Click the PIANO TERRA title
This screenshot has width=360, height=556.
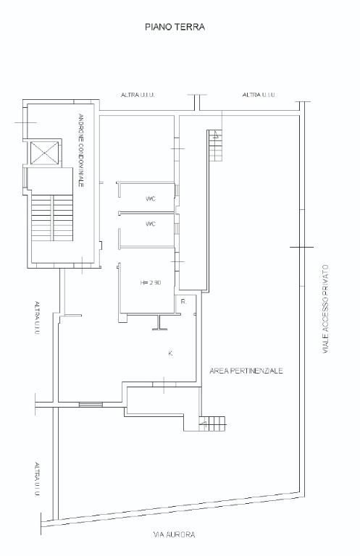(175, 27)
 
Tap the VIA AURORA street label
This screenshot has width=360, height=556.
(174, 534)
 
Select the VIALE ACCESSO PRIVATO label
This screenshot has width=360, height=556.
(325, 309)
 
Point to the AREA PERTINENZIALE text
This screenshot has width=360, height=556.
(246, 371)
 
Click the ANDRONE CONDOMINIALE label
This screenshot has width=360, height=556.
(81, 151)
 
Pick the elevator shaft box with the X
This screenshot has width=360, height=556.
(44, 153)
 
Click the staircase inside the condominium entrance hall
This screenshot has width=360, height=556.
(52, 217)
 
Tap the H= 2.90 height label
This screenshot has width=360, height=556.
(151, 282)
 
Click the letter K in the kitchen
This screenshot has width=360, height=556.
(171, 353)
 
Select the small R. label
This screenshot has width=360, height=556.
(183, 302)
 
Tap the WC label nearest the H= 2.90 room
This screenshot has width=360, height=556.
(151, 224)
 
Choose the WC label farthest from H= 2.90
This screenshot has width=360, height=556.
(151, 199)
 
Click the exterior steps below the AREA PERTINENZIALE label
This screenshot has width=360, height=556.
(212, 424)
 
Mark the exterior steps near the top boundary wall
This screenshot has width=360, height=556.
(215, 146)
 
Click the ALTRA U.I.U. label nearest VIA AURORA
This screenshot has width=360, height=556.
(37, 479)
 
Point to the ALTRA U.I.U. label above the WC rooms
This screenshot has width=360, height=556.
(138, 95)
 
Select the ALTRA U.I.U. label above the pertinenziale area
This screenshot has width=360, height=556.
(259, 95)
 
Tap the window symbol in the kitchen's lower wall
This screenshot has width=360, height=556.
(91, 404)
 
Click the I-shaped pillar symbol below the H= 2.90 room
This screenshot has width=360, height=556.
(159, 322)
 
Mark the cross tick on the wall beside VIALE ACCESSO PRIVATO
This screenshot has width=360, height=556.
(302, 247)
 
